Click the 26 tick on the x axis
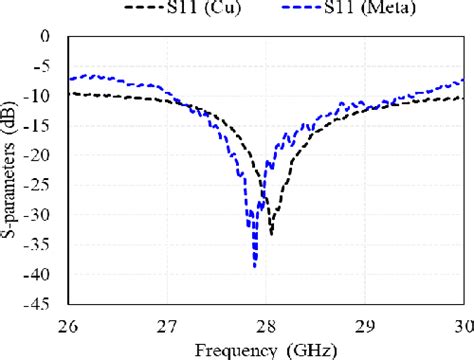tap(68, 324)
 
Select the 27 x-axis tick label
tap(167, 324)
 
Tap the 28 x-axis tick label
tap(266, 324)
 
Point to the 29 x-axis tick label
tap(365, 324)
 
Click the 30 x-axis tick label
tap(462, 324)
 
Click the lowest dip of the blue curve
tap(255, 266)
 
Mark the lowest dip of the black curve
tap(271, 234)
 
